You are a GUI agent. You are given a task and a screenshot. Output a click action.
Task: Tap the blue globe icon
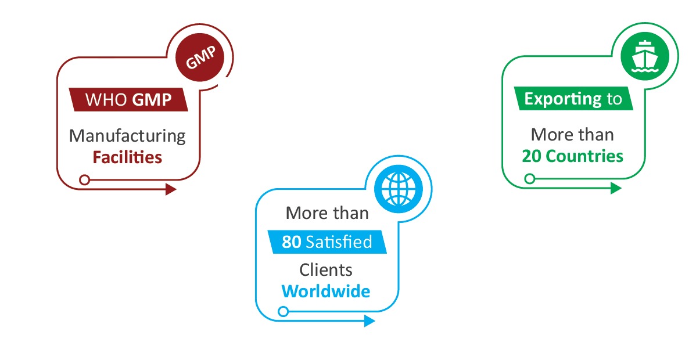click(x=399, y=188)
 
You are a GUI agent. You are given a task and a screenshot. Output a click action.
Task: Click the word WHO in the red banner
click(x=106, y=99)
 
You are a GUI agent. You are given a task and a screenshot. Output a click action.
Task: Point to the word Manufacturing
click(x=127, y=136)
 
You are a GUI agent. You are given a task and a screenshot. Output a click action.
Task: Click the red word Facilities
click(x=127, y=157)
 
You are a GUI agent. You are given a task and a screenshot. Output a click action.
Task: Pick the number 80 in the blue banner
click(x=292, y=242)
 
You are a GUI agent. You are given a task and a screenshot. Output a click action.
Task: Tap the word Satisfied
click(x=338, y=242)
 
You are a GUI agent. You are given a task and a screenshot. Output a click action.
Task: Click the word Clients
click(x=326, y=269)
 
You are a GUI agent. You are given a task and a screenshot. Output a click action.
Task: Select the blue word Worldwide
click(x=326, y=290)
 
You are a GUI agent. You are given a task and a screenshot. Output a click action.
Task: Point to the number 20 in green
click(x=532, y=156)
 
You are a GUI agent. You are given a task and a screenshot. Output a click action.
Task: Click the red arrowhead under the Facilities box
click(x=171, y=189)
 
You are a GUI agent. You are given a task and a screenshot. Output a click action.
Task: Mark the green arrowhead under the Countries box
click(x=616, y=188)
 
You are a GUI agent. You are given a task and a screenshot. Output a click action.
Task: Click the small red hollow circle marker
click(x=84, y=179)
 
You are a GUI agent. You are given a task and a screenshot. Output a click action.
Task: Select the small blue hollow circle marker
click(x=283, y=312)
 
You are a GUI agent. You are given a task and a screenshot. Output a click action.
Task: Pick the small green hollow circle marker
click(x=529, y=179)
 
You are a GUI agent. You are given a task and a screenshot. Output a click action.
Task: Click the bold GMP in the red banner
click(x=152, y=99)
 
